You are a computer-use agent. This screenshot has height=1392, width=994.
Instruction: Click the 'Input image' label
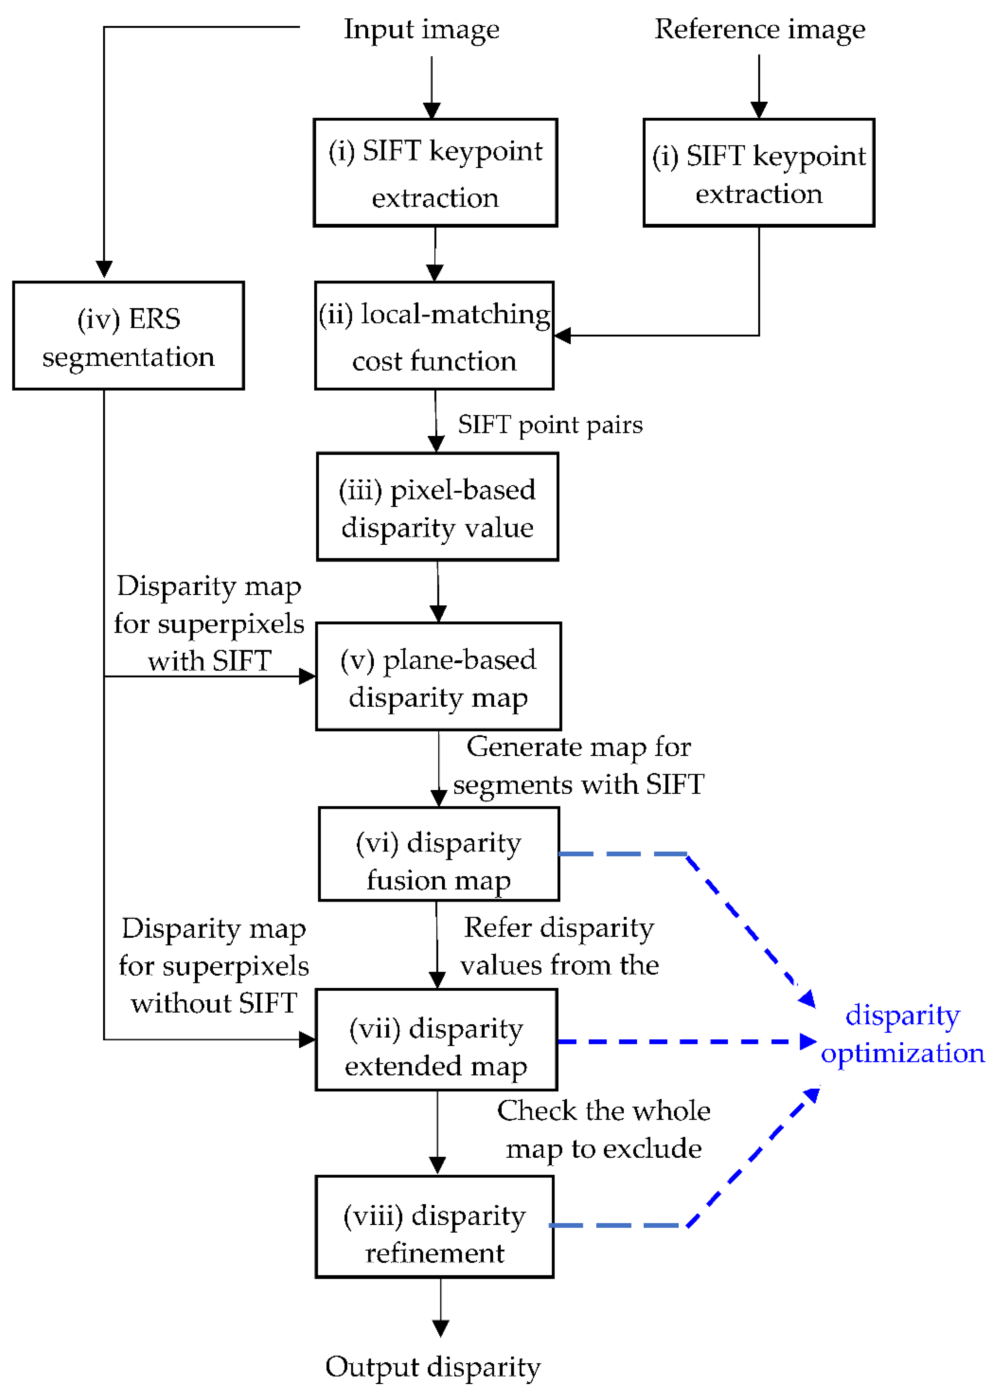(421, 30)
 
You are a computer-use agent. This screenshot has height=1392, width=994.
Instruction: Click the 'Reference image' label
(759, 30)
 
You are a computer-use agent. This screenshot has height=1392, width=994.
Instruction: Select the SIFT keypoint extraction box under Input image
(435, 173)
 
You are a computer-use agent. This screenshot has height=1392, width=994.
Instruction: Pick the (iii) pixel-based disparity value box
(437, 507)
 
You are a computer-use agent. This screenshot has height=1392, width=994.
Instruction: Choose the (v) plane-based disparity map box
(438, 677)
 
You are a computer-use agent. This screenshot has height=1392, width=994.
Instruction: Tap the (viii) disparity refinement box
(435, 1227)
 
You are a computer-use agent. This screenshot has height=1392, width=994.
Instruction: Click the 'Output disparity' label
(433, 1367)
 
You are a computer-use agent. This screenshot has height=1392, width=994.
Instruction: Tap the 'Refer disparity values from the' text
(559, 946)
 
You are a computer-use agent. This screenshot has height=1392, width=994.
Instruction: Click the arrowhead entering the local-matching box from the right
(562, 336)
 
